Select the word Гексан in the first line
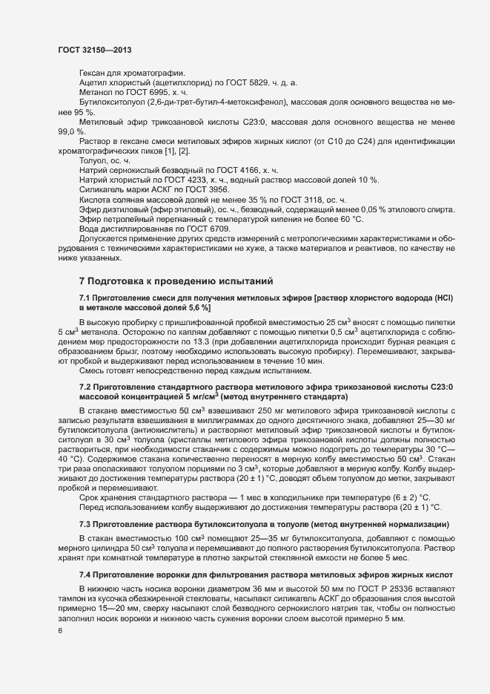click(93, 73)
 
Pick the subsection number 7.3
click(87, 524)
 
